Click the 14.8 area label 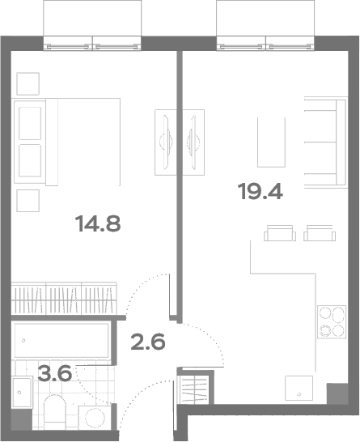98,223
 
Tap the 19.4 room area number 260,191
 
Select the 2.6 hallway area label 148,342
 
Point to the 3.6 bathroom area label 55,372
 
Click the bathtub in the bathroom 61,340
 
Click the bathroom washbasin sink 23,392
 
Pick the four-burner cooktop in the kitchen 332,321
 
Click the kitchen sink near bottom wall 299,388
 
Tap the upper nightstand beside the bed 28,83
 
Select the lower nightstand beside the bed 28,201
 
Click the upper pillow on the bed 30,123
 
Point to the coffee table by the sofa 271,142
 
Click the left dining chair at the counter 280,233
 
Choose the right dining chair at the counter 320,233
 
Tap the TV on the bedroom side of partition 166,142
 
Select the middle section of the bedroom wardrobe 64,299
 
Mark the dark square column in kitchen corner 337,393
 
